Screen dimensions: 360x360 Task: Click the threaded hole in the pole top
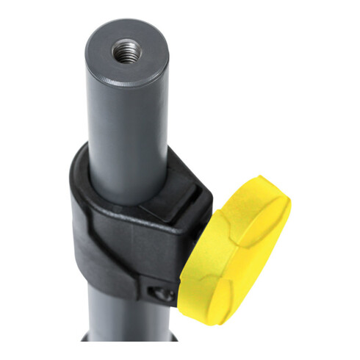coord(126,52)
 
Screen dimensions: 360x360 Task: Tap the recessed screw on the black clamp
coord(162,294)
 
